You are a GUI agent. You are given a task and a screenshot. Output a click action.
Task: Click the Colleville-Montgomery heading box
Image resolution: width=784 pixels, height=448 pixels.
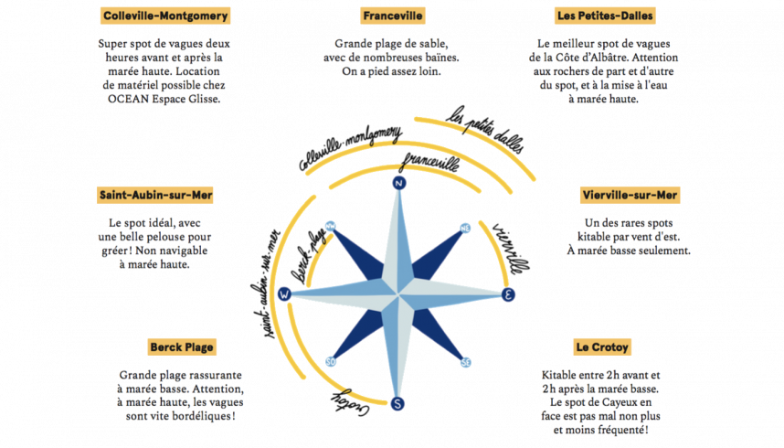point(164,16)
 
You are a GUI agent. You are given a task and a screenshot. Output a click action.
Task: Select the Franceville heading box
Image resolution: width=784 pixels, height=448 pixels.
point(392,16)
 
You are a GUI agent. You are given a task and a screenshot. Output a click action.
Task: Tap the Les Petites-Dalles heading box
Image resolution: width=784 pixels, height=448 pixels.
point(619,16)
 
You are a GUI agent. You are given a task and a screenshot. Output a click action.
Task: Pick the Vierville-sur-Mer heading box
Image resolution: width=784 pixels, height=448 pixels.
point(630,195)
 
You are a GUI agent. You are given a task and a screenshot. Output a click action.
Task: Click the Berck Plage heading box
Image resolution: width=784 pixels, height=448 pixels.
point(181,347)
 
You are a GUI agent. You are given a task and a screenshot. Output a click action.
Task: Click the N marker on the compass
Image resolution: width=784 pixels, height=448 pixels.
point(398,183)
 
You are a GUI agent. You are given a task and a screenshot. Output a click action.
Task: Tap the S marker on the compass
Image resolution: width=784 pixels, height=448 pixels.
point(398,403)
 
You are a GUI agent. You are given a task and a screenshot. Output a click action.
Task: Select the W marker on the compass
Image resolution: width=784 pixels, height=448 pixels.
point(285,293)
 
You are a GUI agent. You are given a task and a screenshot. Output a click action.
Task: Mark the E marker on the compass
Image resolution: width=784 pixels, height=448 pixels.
point(510,293)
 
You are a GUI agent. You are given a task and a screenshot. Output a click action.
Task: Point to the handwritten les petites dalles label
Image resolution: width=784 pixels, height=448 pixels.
point(479,133)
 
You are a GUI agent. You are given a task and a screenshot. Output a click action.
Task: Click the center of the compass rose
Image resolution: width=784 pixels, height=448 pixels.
point(398,293)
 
